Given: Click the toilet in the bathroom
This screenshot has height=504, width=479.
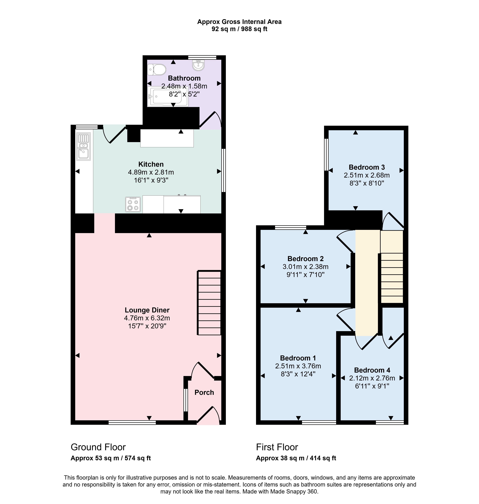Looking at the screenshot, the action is click(157, 69).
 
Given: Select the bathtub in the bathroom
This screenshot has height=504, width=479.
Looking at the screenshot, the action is click(168, 96).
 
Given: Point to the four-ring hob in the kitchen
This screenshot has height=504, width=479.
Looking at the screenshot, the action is click(133, 204).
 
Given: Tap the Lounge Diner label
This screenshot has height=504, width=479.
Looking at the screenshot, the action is click(147, 310).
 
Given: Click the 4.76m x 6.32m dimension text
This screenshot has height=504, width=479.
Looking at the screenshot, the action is click(147, 318).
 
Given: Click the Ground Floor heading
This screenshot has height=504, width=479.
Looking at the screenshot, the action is click(98, 447).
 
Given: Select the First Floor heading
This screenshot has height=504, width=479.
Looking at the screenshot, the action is click(277, 447).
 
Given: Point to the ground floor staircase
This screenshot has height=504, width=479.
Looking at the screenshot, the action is click(209, 303).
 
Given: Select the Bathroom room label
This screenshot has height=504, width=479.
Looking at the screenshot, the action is click(184, 78).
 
